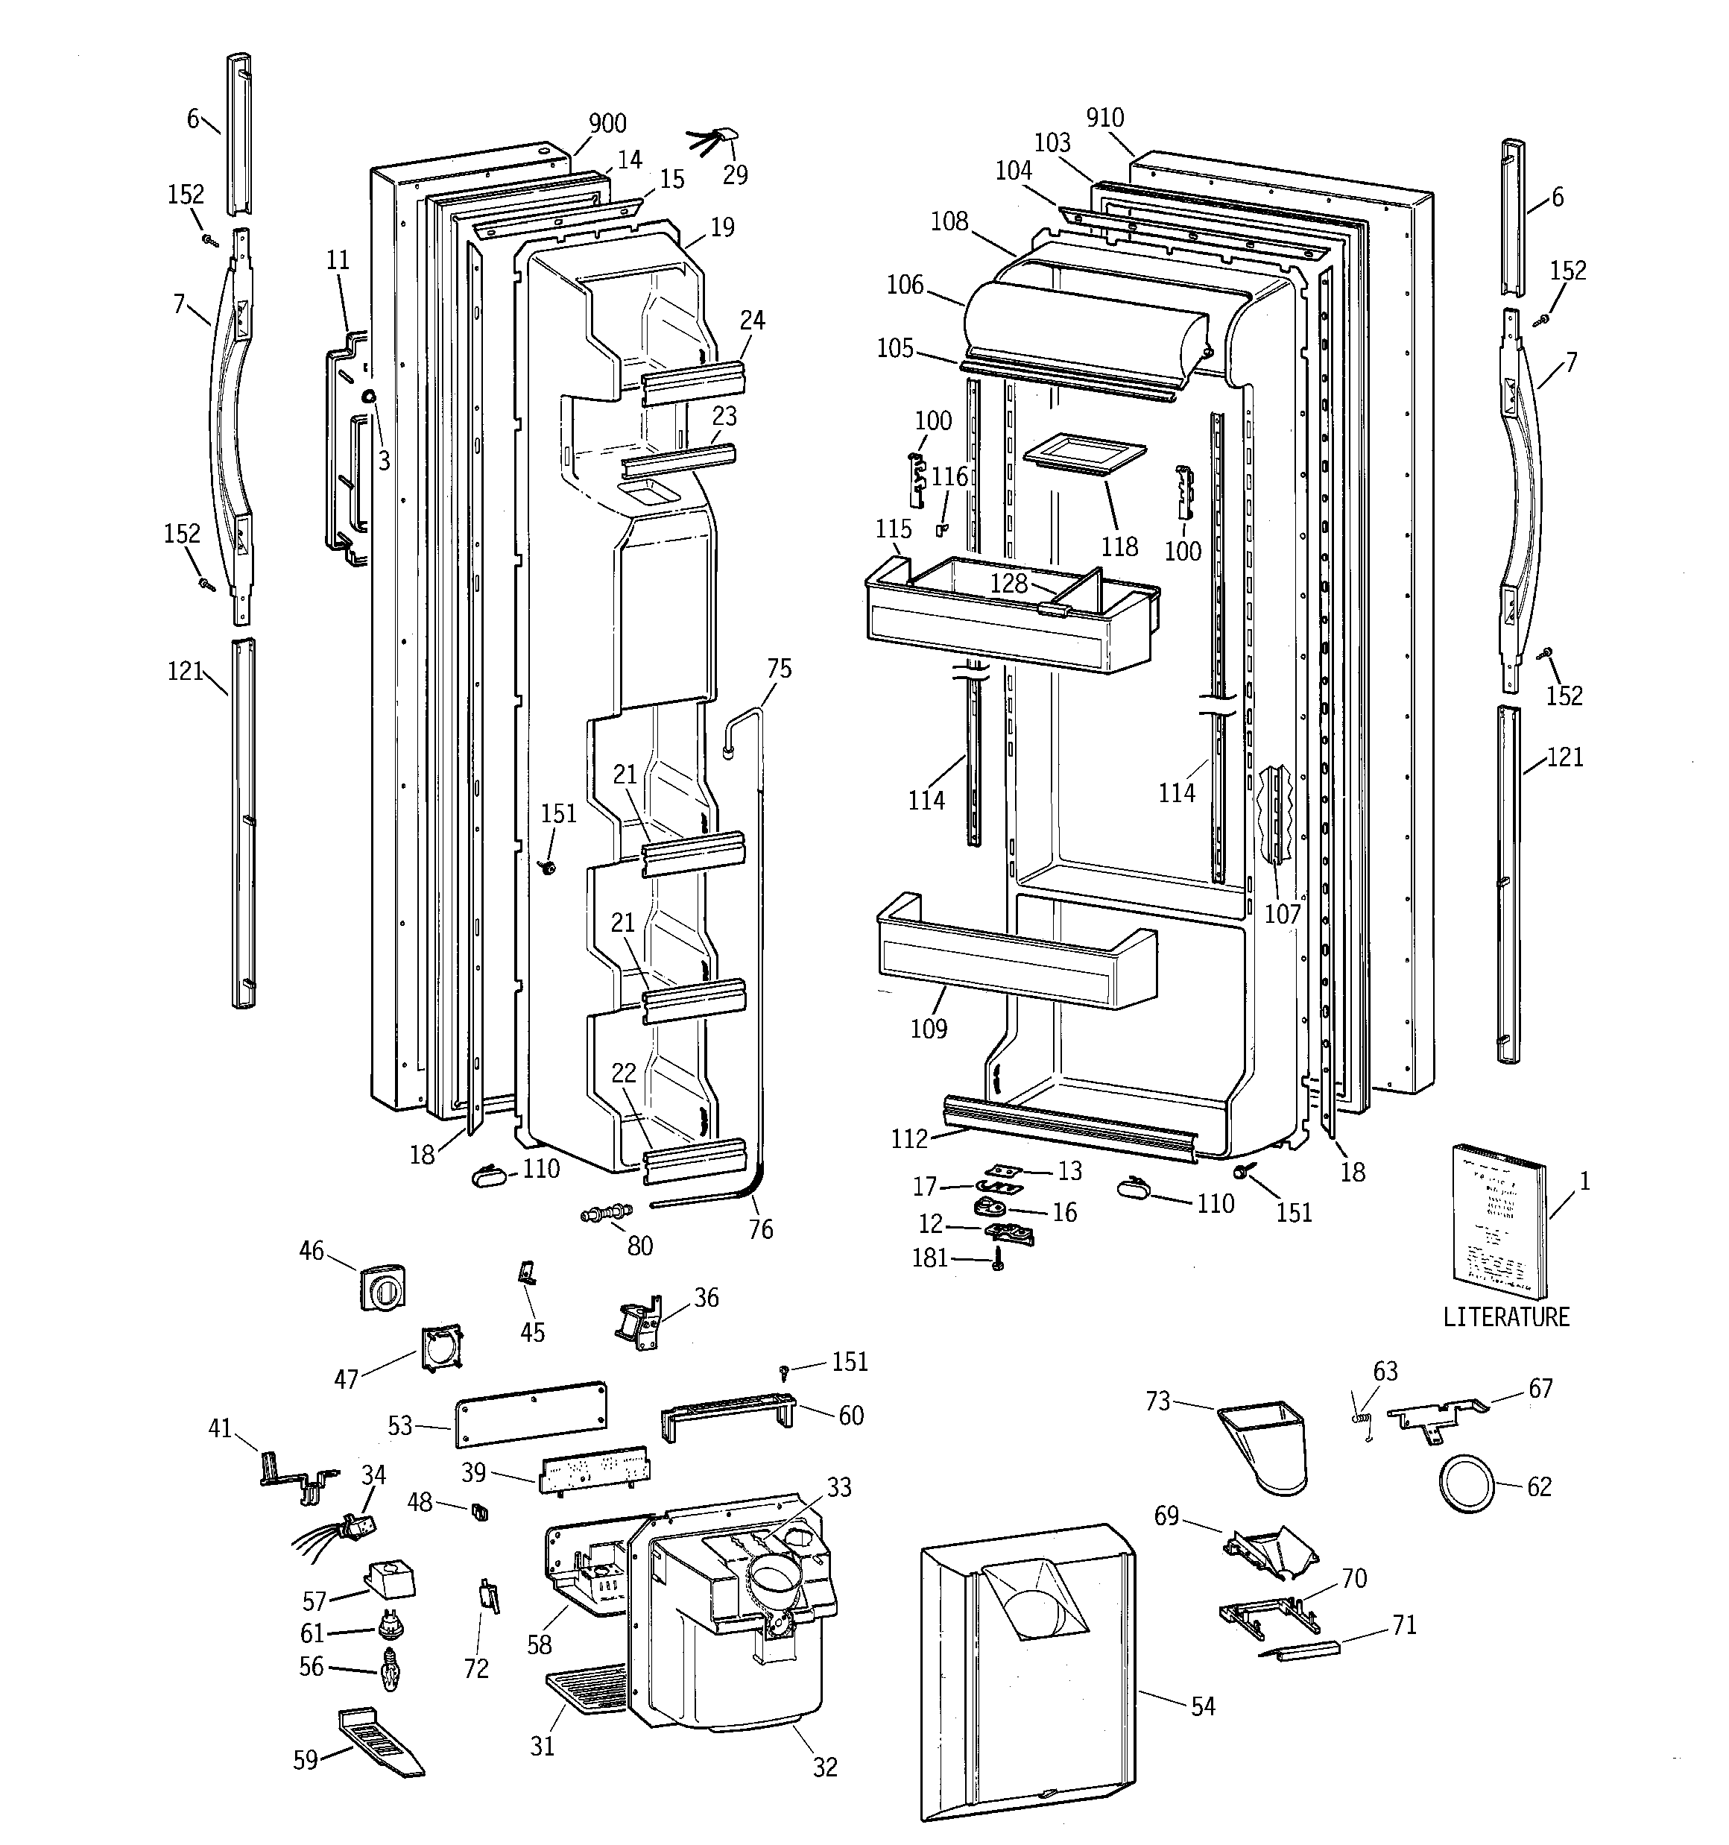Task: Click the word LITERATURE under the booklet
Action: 1505,1317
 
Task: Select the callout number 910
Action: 1104,118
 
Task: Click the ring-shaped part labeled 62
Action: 1467,1485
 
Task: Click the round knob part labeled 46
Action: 382,1285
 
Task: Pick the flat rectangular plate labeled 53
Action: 531,1413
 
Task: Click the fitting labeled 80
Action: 606,1212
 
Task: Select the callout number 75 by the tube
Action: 779,668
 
